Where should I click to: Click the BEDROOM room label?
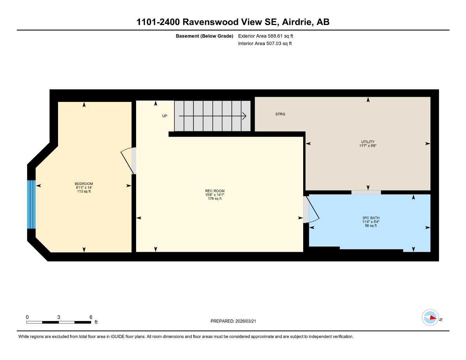coord(84,184)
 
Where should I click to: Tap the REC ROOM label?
coord(215,191)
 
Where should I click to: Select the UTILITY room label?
coord(368,142)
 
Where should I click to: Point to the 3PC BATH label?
coord(371,218)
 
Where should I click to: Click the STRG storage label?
coord(280,114)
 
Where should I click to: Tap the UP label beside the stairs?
coord(165,116)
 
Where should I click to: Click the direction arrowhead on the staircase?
coord(244,116)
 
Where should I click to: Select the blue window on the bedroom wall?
coord(31,204)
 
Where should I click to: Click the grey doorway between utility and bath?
coord(366,192)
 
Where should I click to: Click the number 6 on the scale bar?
coord(91,317)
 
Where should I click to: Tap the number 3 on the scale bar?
coord(59,317)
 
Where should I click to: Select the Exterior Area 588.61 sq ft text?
coord(266,36)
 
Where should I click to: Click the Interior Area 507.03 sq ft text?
coord(265,44)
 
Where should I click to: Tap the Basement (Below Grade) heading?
coord(204,36)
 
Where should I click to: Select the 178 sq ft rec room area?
coord(215,199)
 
